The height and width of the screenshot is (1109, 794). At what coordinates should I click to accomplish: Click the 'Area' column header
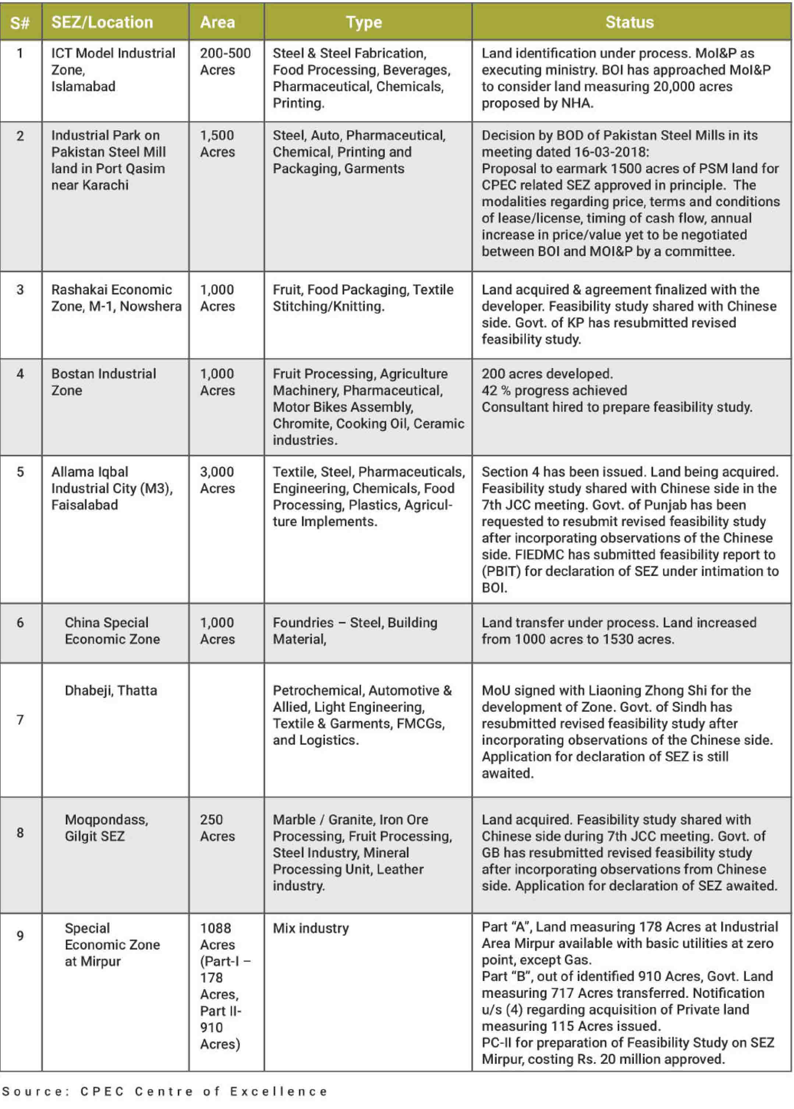[217, 22]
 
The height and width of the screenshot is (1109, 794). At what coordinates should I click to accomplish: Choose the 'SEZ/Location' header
[102, 22]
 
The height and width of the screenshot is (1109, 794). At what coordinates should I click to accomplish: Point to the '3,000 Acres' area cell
[217, 480]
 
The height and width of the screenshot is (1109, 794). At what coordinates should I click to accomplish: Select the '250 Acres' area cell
[217, 828]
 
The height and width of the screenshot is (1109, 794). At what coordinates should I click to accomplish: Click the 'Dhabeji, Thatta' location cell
[111, 691]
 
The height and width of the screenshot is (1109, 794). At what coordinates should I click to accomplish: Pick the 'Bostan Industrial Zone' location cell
[104, 382]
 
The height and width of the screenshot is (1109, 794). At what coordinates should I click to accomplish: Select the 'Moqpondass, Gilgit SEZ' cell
[107, 828]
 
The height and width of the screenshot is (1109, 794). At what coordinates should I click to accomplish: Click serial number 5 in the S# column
[20, 472]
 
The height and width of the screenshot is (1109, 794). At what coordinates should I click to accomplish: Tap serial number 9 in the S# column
[20, 935]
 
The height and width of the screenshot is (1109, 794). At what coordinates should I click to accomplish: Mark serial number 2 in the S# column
[20, 135]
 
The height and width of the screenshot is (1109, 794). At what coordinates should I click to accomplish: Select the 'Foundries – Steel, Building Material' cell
[355, 631]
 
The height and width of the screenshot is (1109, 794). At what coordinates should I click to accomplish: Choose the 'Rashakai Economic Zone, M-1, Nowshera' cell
[116, 298]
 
